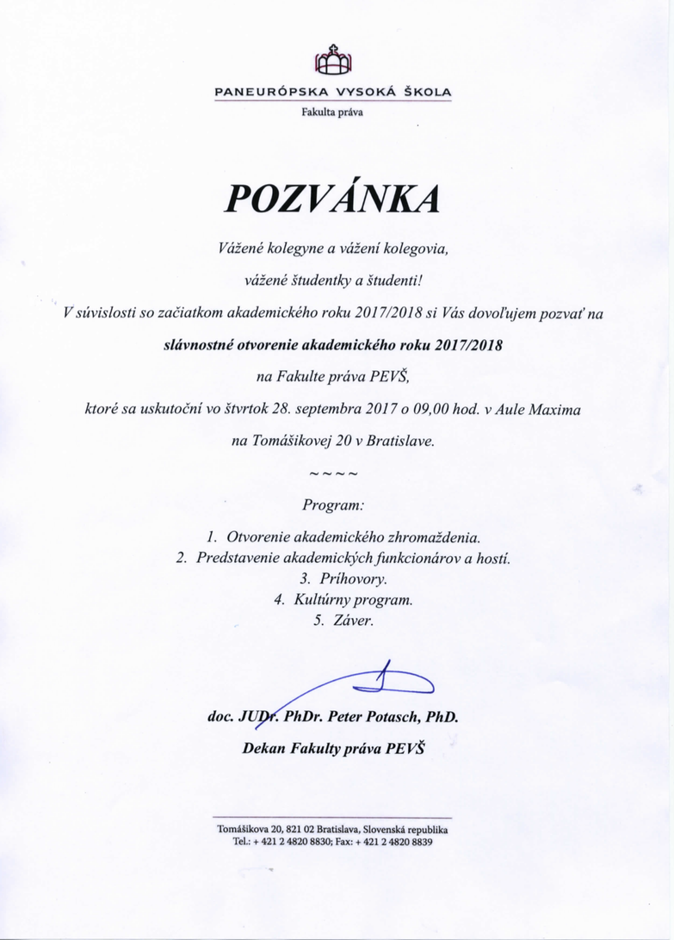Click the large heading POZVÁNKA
[332, 198]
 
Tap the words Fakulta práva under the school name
[332, 110]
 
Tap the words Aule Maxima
[539, 410]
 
